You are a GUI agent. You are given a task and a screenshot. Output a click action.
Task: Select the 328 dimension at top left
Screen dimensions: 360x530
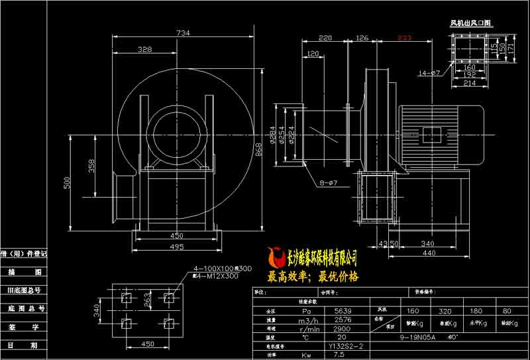pyautogui.click(x=146, y=49)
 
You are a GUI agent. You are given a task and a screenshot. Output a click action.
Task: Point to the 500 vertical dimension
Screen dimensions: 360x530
pyautogui.click(x=67, y=183)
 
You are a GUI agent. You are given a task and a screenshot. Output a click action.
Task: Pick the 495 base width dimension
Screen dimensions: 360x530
pyautogui.click(x=176, y=247)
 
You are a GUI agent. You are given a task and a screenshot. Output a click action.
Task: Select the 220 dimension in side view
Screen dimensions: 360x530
pyautogui.click(x=325, y=38)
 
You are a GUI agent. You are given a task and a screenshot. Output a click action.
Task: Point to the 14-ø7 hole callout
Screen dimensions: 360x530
pyautogui.click(x=430, y=72)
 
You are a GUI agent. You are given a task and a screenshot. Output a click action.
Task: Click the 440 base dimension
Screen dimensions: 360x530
pyautogui.click(x=429, y=253)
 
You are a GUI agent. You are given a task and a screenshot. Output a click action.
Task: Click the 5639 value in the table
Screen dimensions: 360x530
pyautogui.click(x=343, y=310)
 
